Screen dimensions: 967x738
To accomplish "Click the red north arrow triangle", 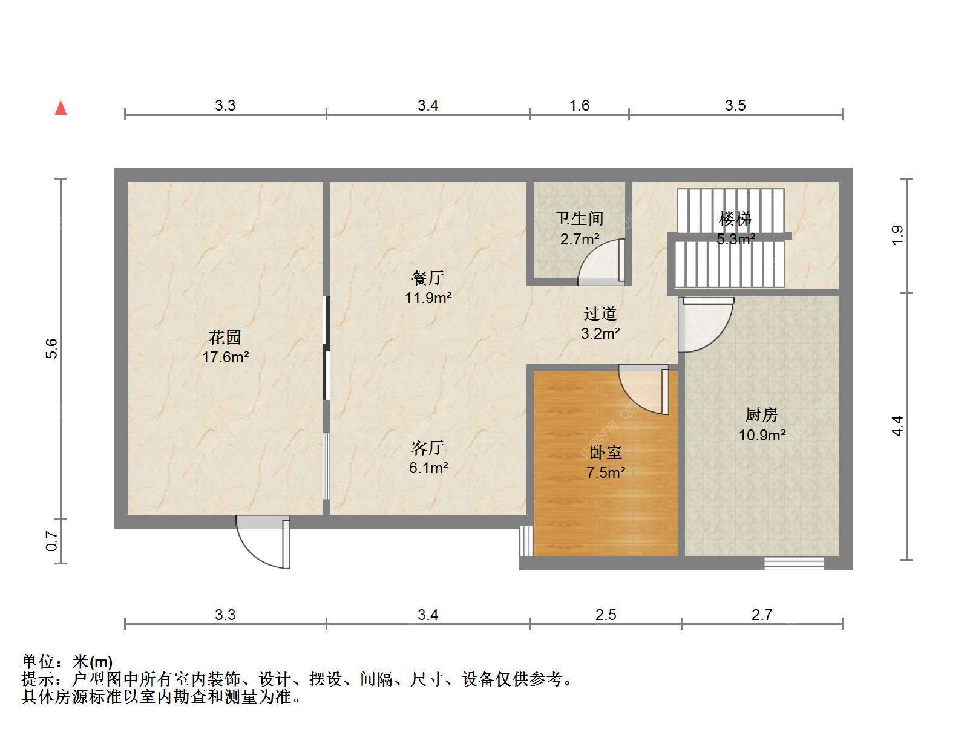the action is pyautogui.click(x=61, y=108).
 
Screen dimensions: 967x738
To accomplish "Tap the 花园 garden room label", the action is pyautogui.click(x=225, y=338).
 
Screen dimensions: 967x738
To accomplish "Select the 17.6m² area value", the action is pyautogui.click(x=226, y=357).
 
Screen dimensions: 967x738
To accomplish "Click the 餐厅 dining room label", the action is pyautogui.click(x=428, y=278).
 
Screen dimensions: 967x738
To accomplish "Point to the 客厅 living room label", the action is pyautogui.click(x=428, y=448).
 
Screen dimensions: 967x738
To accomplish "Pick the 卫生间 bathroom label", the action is pyautogui.click(x=579, y=218).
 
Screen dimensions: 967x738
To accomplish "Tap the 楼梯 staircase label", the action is pyautogui.click(x=735, y=219).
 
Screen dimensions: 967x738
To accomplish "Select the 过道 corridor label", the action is pyautogui.click(x=600, y=313).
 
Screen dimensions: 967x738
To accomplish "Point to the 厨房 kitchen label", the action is pyautogui.click(x=762, y=415).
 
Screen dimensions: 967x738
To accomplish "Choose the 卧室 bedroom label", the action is pyautogui.click(x=606, y=452).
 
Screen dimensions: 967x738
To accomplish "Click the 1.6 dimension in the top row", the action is pyautogui.click(x=579, y=106).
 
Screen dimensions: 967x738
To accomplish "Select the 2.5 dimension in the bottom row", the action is pyautogui.click(x=606, y=615).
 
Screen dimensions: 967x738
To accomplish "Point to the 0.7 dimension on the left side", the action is pyautogui.click(x=51, y=541).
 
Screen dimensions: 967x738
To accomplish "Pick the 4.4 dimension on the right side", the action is pyautogui.click(x=897, y=426).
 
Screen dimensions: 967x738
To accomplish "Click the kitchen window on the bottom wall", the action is pyautogui.click(x=794, y=564).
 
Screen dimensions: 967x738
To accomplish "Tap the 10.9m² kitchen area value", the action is pyautogui.click(x=762, y=435).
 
